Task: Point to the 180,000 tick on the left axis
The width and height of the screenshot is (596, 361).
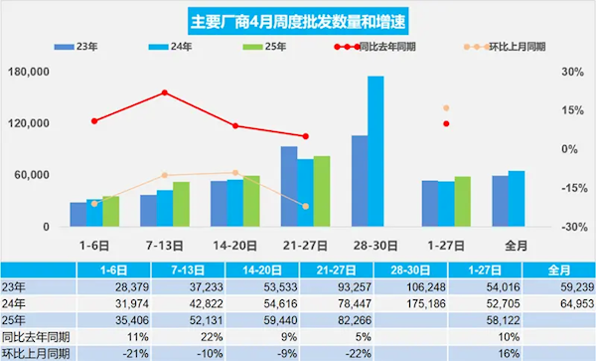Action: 27,73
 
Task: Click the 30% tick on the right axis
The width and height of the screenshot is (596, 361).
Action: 571,73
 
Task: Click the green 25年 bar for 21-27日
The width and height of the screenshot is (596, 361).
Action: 322,191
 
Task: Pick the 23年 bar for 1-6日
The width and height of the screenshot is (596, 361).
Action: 77,214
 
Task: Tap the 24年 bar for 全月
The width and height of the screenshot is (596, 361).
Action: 517,199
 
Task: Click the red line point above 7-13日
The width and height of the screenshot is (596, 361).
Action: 165,92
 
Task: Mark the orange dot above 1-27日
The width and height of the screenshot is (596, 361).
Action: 446,107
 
